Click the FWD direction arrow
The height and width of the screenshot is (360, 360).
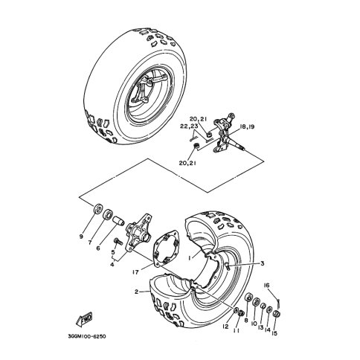(x=83, y=318)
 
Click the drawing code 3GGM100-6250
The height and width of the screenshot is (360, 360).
(x=87, y=336)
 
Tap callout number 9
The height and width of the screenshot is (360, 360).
(x=81, y=237)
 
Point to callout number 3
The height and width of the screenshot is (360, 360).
(x=263, y=263)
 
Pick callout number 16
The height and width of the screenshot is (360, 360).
(x=266, y=286)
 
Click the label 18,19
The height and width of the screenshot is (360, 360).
(x=247, y=127)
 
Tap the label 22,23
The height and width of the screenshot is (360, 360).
(x=189, y=126)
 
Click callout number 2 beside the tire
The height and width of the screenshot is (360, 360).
(x=136, y=292)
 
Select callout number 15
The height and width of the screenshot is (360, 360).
(x=274, y=333)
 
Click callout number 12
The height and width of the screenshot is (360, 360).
(x=225, y=327)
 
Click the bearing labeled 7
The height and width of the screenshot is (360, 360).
(x=108, y=214)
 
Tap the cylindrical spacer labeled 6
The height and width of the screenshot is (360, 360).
(x=118, y=220)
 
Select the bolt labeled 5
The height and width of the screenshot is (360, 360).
(x=118, y=241)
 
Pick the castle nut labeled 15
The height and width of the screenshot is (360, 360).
(x=277, y=314)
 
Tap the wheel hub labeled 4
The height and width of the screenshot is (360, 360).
(x=138, y=232)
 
